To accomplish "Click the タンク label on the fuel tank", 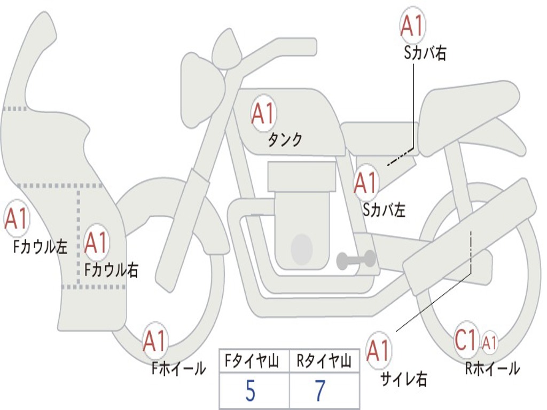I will [x=285, y=140].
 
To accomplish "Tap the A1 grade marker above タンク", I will [x=263, y=114].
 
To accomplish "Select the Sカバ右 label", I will [x=425, y=53].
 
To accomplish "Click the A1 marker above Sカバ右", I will [x=412, y=26].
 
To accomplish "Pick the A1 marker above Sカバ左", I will [x=366, y=183].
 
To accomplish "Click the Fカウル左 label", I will [x=41, y=247].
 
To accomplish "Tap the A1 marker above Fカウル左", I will [x=16, y=219].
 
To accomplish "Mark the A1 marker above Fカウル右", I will [x=96, y=243].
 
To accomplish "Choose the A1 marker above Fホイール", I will [x=155, y=342].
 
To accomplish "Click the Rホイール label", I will [x=492, y=368].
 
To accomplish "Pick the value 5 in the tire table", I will [x=250, y=391].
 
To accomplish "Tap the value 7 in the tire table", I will [x=320, y=391].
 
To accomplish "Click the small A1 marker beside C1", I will [x=490, y=342].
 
